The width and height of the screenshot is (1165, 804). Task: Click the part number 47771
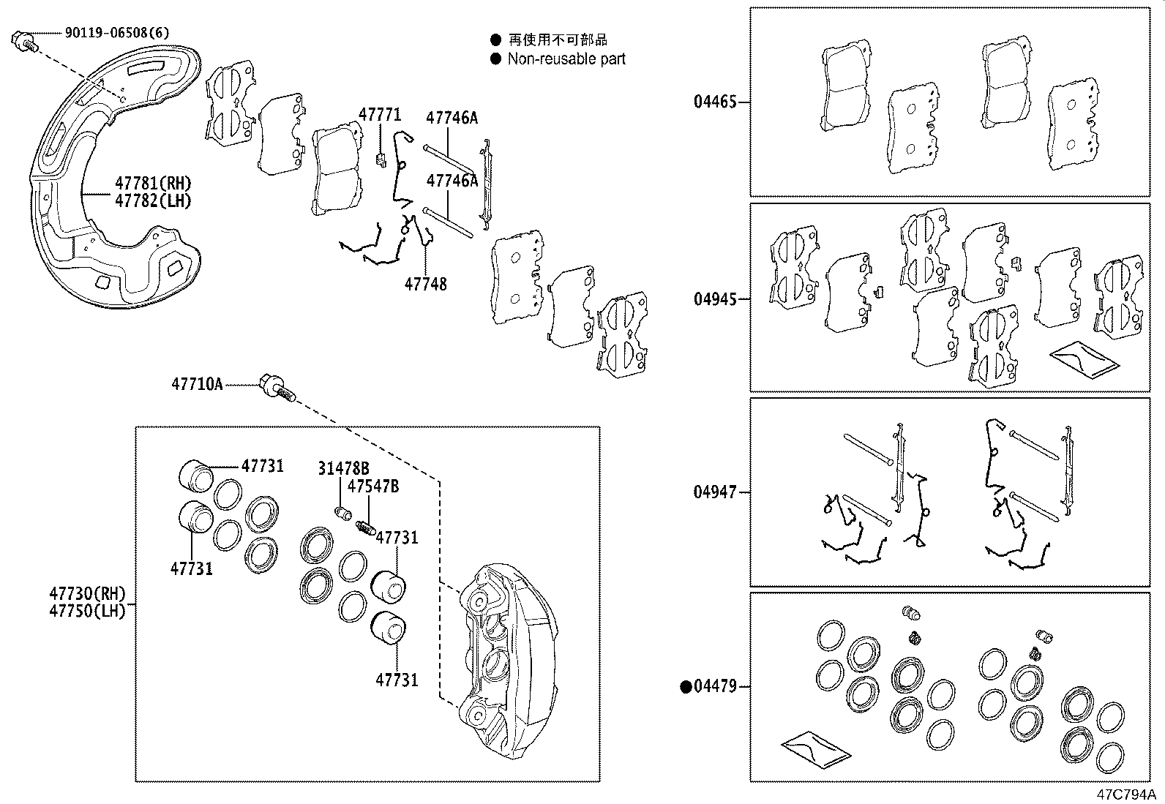380,115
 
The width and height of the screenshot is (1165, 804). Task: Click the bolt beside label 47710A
276,386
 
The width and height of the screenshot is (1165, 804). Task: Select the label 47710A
197,383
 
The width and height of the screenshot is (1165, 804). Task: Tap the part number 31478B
343,468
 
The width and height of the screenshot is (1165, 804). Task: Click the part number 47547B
373,486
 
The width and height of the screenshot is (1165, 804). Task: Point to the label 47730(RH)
88,593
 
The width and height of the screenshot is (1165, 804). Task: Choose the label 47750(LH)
88,610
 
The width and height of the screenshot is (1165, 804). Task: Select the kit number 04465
715,102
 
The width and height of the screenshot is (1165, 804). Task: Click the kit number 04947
715,492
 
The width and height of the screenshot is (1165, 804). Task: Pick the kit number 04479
715,686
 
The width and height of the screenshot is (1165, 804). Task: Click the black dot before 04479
686,686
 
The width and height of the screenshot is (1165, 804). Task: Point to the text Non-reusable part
566,59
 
